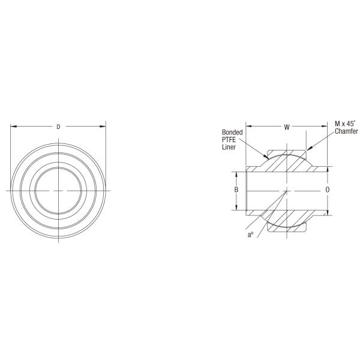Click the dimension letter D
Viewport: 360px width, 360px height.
(58, 127)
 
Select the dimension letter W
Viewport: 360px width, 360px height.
(287, 127)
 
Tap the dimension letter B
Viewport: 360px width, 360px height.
(236, 190)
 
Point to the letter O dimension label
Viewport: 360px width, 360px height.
(328, 190)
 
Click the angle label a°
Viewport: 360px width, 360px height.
(250, 235)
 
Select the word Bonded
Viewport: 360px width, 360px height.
(232, 132)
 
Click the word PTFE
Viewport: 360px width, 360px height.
(229, 140)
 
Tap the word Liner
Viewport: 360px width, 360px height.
(229, 147)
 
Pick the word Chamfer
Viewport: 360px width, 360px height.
(346, 131)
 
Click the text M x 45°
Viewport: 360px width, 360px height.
(345, 124)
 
